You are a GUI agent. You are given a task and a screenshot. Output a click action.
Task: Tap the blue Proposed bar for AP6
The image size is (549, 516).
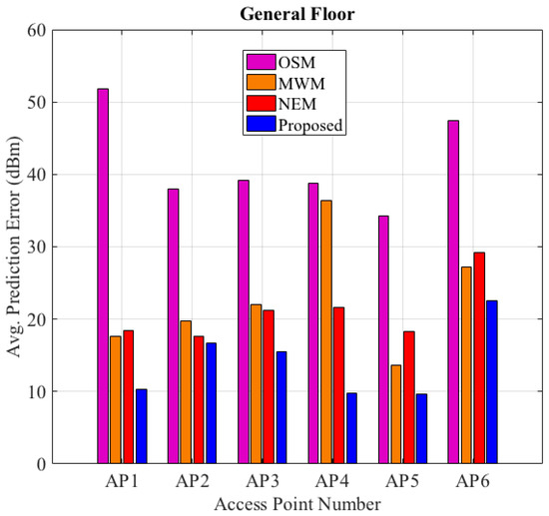pos(491,382)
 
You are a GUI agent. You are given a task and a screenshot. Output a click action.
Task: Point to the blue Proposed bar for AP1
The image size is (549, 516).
pos(141,426)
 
